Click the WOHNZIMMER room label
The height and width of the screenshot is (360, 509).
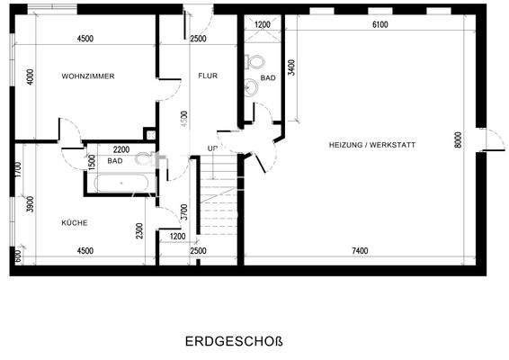click(x=88, y=76)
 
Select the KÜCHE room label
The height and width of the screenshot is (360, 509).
click(x=75, y=222)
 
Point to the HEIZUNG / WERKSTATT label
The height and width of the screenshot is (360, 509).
click(x=373, y=143)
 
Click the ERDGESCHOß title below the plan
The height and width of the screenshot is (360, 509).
click(x=234, y=342)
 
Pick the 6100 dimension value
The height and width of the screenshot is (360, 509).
click(x=380, y=25)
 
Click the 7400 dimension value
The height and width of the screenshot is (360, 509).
click(x=360, y=250)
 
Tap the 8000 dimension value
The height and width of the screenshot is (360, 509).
click(x=458, y=139)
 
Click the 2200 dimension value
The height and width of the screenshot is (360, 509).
click(x=121, y=148)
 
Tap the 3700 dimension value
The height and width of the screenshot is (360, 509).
click(x=183, y=213)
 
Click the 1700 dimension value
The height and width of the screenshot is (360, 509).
click(x=18, y=169)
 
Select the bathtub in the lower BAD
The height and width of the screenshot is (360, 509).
click(x=121, y=183)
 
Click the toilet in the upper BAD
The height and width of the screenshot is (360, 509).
click(x=253, y=63)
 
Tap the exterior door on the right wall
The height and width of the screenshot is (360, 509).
click(x=492, y=139)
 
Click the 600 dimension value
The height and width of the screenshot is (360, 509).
click(x=18, y=255)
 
